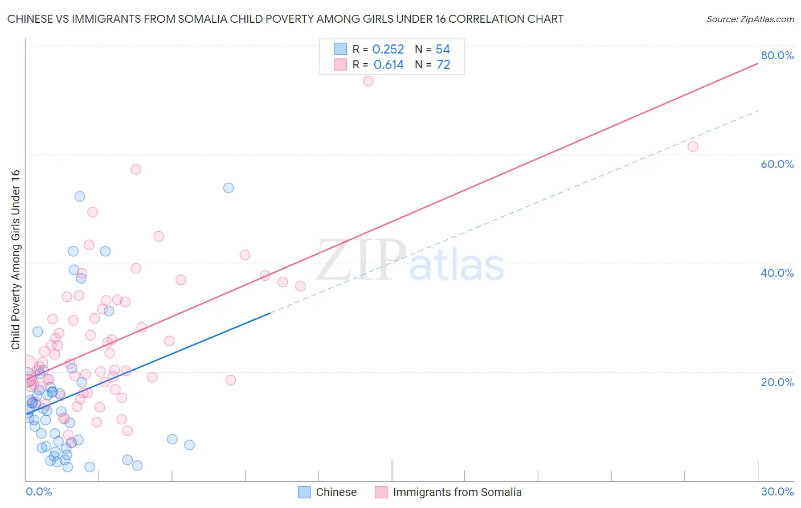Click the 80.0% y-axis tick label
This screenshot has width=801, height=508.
tap(777, 55)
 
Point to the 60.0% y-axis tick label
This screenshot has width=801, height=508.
tap(777, 164)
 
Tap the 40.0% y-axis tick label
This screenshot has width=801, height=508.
tap(777, 273)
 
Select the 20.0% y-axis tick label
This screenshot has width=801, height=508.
tap(777, 382)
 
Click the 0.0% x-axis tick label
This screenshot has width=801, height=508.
tap(39, 491)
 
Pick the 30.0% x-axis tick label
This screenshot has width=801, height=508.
tap(777, 491)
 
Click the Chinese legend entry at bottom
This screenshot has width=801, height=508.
tap(328, 492)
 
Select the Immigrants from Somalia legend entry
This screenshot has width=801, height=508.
tap(448, 492)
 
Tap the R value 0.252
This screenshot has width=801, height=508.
tap(388, 50)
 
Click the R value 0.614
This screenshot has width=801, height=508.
tap(389, 65)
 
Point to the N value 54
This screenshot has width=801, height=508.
tap(443, 50)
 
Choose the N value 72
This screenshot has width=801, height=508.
tap(443, 65)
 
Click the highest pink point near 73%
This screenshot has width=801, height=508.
tap(368, 81)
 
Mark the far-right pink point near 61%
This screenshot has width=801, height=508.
tap(693, 146)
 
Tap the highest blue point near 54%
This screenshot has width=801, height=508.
tap(228, 188)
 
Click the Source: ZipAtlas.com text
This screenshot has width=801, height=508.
tap(750, 19)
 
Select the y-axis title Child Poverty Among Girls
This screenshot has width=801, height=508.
tap(15, 260)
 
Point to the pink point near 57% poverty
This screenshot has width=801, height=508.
tap(136, 169)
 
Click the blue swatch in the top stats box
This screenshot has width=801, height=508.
tap(340, 49)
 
